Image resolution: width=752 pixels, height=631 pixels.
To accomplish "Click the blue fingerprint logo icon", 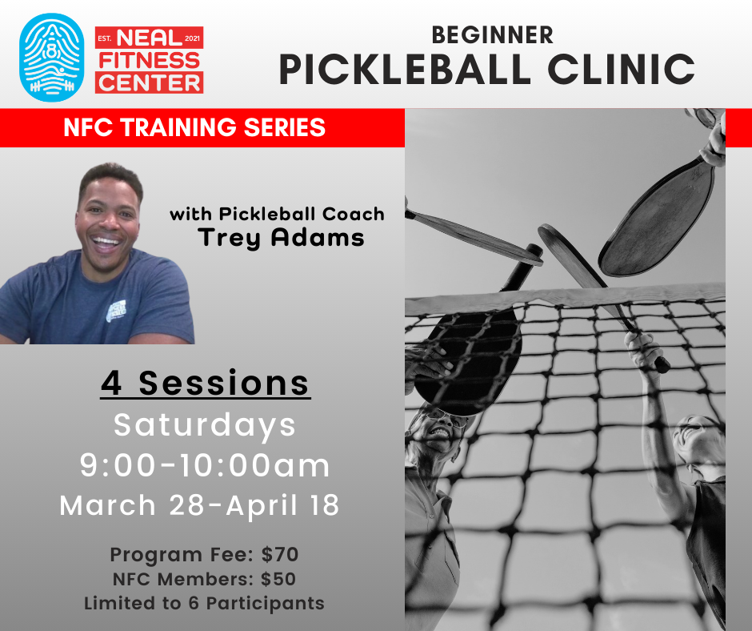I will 51,57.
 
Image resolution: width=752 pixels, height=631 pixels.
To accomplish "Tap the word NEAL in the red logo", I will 149,37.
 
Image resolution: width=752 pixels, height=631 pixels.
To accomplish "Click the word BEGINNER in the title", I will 492,34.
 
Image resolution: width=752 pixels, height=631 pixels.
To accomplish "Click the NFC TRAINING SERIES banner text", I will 194,128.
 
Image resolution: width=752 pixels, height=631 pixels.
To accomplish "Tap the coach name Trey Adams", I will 280,237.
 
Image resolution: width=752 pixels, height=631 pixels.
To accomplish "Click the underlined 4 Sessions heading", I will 206,383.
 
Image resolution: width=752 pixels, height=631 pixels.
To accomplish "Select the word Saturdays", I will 205,424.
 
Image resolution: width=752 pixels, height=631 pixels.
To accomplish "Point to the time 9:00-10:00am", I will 205,465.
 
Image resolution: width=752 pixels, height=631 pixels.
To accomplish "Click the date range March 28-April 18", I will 200,505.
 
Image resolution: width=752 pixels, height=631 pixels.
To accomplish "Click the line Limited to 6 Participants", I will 204,603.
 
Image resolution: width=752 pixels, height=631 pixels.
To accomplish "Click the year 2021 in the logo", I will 194,38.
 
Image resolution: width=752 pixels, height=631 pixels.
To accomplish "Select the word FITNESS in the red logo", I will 149,59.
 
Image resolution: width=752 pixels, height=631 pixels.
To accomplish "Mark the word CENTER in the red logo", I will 149,82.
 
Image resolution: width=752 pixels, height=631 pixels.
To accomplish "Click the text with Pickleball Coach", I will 277,214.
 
